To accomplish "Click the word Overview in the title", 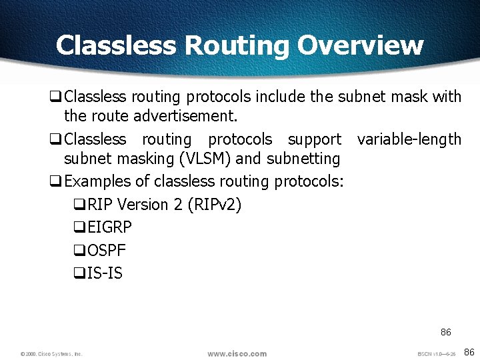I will point(360,45).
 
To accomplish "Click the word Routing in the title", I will point(237,45).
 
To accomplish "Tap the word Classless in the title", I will point(117,45).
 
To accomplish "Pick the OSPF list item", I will point(107,251).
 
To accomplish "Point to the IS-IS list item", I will point(105,273).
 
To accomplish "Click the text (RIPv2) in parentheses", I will point(215,205).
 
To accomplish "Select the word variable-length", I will point(409,139).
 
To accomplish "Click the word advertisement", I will point(185,116).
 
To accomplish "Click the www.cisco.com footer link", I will point(237,353).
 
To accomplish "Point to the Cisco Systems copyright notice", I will point(51,354).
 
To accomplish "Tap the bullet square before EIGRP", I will point(79,228).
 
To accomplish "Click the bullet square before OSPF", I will point(79,251).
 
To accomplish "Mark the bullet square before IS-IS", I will point(79,274).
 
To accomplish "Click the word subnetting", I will point(303,159).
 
